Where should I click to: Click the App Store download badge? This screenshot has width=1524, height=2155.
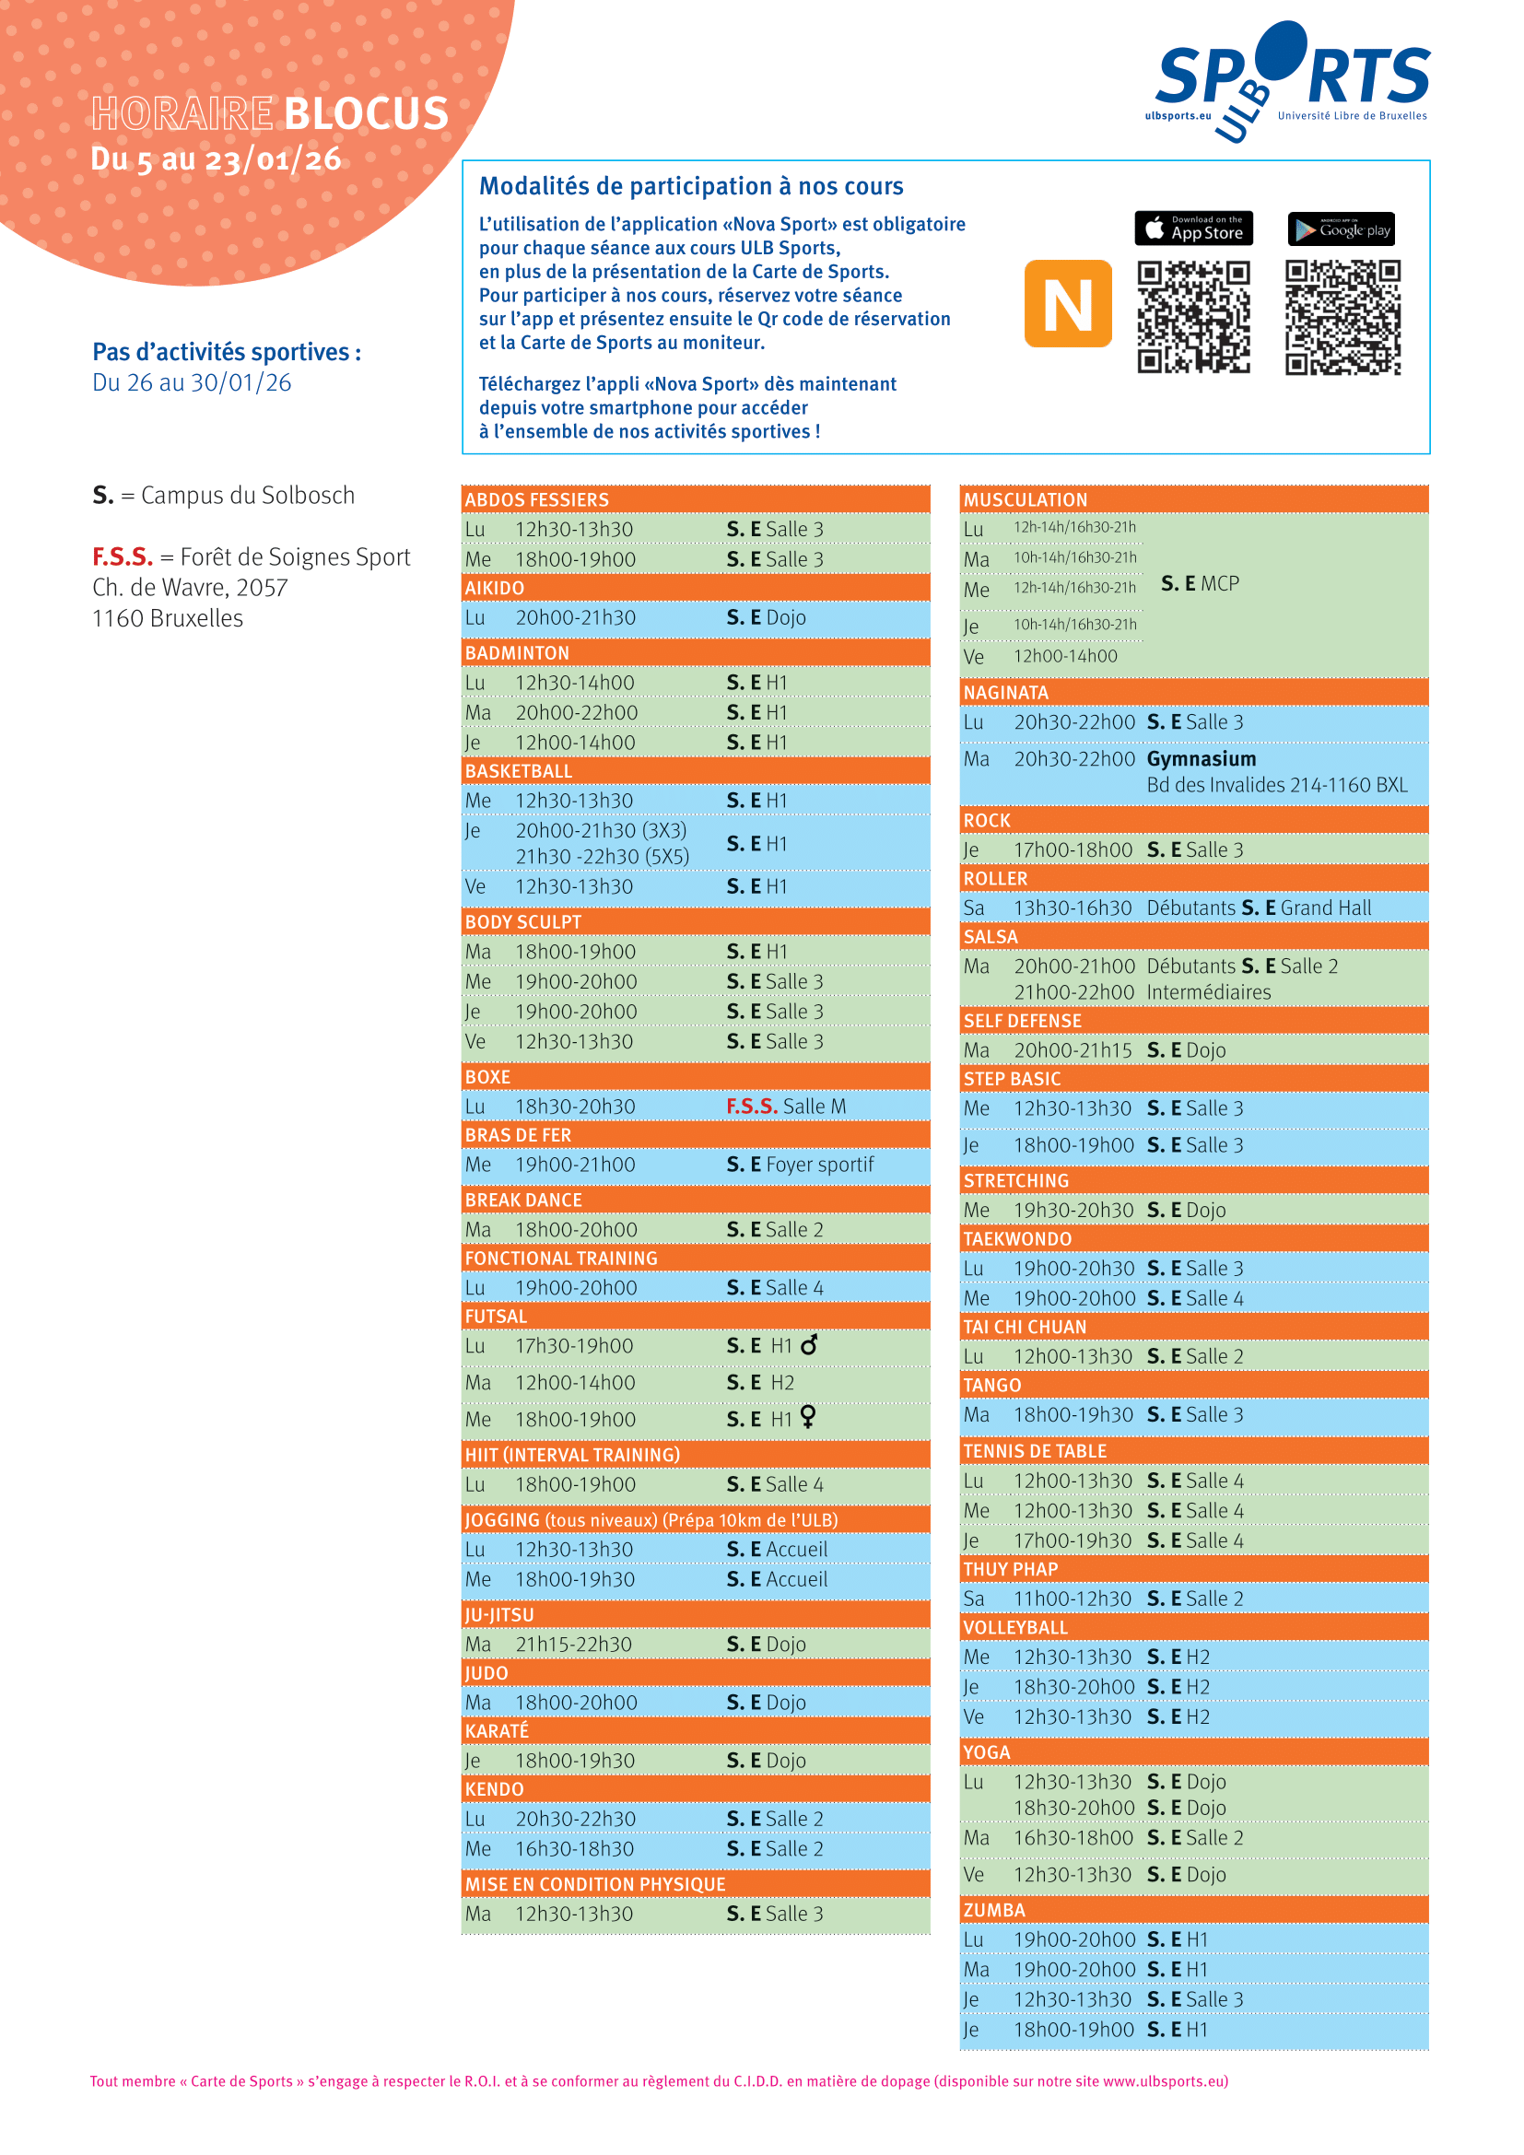[1192, 228]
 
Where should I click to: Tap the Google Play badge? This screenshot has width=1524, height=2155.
[1341, 229]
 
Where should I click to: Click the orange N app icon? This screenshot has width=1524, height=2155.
[1068, 304]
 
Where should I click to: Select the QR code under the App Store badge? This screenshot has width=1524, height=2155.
[1192, 317]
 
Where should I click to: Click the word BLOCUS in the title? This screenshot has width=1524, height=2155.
[366, 114]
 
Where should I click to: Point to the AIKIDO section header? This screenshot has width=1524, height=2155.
[495, 589]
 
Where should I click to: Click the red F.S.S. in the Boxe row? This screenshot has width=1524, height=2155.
[752, 1107]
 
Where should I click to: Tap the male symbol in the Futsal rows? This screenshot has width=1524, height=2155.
[809, 1344]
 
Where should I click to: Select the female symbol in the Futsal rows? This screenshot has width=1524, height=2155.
[808, 1417]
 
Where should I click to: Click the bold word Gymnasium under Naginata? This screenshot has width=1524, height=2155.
[1202, 758]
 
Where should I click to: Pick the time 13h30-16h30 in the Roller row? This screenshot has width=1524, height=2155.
[1073, 908]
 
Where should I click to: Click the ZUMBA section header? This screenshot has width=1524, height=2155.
[994, 1910]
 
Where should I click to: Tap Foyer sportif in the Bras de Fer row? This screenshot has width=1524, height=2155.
[819, 1165]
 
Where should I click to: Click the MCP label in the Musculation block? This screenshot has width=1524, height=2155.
[1219, 584]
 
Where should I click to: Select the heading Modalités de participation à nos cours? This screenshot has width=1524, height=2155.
[691, 186]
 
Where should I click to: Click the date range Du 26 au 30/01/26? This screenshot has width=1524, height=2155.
[192, 383]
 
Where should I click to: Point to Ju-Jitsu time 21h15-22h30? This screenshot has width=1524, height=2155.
[573, 1645]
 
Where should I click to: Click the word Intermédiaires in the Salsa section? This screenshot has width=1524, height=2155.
[1209, 992]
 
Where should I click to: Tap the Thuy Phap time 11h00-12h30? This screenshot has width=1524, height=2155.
[1073, 1599]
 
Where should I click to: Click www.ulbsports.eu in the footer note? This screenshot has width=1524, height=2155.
[1164, 2081]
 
